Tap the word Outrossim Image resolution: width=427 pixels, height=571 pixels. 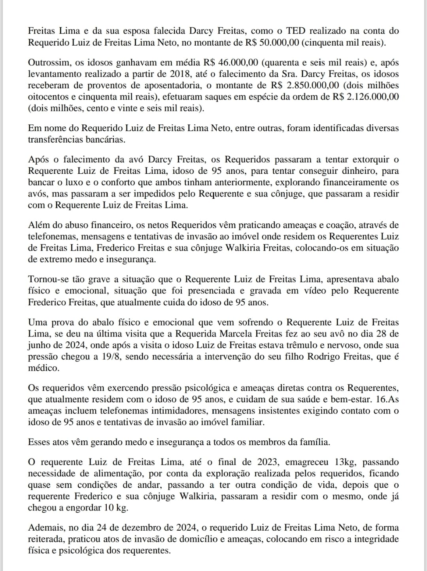48,62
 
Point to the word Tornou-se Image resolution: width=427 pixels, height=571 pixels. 47,279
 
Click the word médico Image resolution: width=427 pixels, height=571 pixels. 43,368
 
